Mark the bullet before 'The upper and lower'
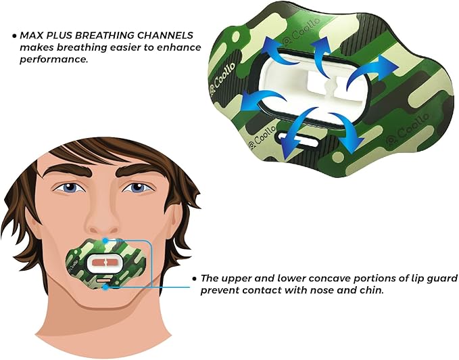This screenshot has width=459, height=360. (x=195, y=278)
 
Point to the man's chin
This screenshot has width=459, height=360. (x=106, y=308)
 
